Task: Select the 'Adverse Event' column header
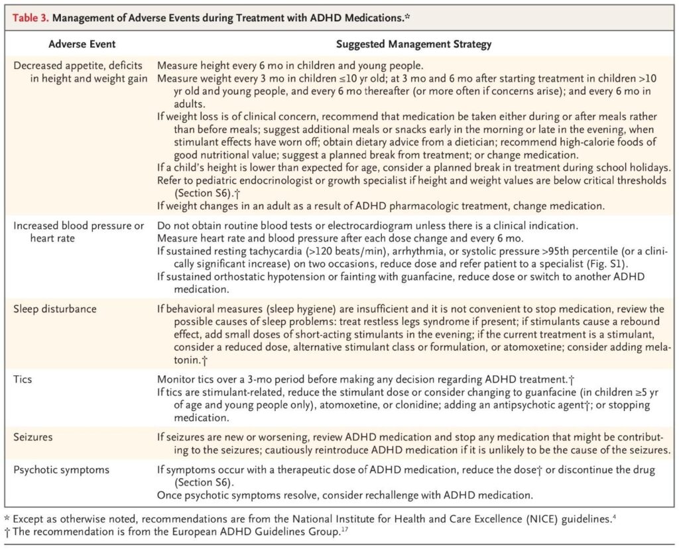tap(82, 45)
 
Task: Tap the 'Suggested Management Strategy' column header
tap(414, 45)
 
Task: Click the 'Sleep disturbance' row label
tap(55, 309)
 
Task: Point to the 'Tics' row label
tap(23, 379)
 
